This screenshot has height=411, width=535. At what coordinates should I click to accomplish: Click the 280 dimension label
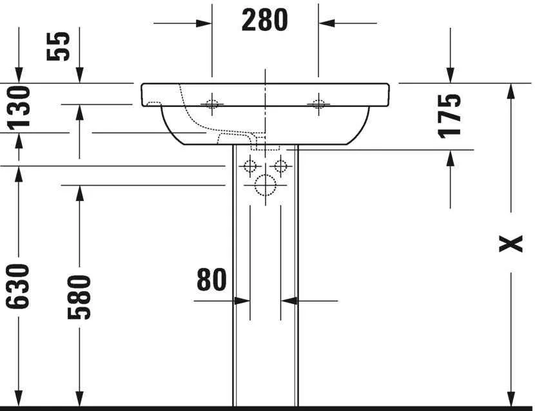point(265,21)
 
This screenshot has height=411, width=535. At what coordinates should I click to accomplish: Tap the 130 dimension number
point(19,107)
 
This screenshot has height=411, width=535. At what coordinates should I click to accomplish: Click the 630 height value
point(19,286)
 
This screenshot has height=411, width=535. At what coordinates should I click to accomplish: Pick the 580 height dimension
point(80,297)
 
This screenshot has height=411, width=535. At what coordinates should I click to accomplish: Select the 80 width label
point(211,280)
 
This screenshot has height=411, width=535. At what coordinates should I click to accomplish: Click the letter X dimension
point(512,244)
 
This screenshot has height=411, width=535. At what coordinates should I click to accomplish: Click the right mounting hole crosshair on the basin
point(318,103)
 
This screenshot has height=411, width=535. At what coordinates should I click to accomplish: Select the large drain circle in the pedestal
point(264,185)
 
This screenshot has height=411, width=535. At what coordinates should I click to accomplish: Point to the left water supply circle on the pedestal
point(249,166)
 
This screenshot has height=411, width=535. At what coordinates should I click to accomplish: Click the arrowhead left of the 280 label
point(205,24)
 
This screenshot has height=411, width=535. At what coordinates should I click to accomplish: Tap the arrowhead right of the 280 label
point(326,24)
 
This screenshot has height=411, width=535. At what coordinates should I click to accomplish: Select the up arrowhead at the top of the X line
point(512,91)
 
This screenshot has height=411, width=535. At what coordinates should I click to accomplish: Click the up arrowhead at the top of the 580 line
point(80,193)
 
